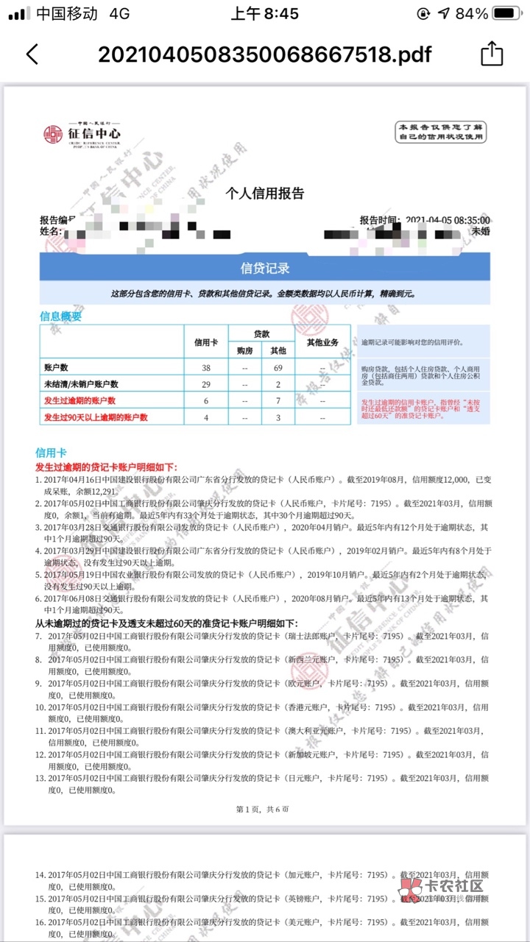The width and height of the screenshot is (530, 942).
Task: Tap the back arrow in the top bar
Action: pos(32,54)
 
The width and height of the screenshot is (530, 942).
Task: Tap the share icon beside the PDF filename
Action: pos(491,54)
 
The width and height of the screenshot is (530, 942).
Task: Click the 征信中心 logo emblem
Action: pos(53,134)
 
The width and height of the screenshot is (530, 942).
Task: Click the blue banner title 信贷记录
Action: pos(265,268)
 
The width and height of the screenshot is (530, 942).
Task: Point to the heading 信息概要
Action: pos(61,316)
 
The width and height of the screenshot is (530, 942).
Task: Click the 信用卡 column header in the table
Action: pos(206,342)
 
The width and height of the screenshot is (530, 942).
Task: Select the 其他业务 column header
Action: pos(322,342)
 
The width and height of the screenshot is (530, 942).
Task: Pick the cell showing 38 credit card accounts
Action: pos(206,366)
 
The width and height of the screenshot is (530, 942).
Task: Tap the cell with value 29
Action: pos(206,383)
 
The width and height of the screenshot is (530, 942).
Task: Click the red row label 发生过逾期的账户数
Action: pos(80,401)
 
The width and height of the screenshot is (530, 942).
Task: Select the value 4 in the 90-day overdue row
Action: pos(206,418)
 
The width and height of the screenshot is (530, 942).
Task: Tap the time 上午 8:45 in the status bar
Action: pos(264,14)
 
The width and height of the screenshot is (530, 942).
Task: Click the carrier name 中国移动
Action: pos(67,14)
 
